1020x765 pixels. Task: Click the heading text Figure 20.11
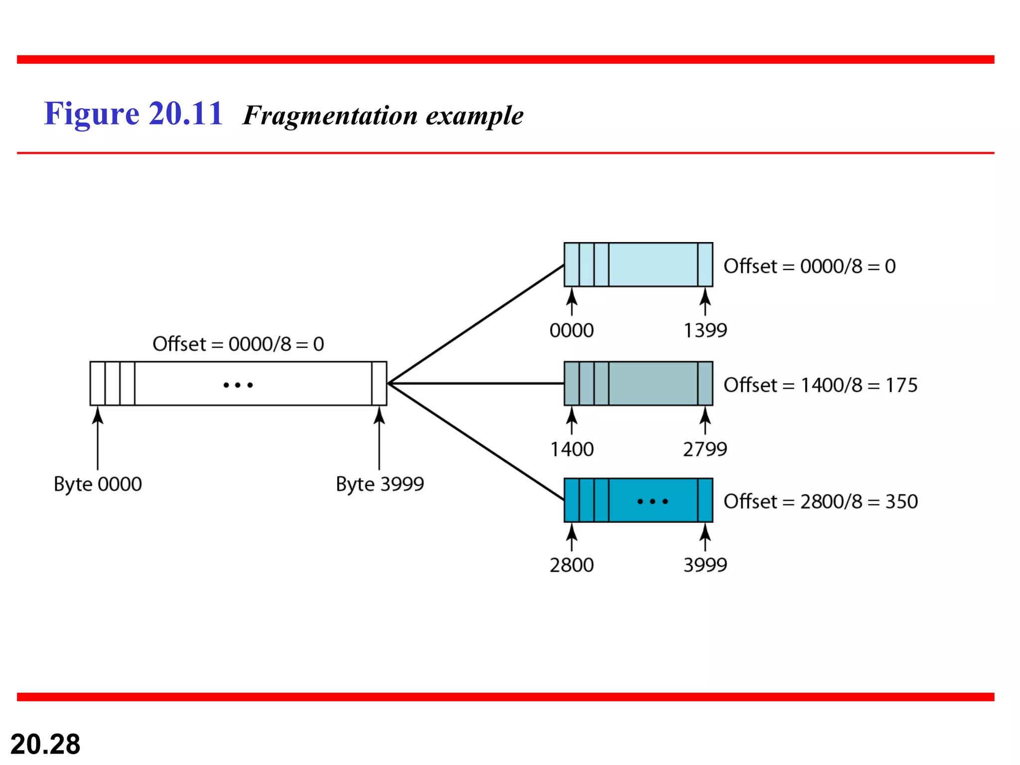[x=133, y=114]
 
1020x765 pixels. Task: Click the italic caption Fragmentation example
[x=382, y=116]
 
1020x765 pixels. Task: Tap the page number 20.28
[x=45, y=744]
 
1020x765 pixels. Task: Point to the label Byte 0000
[x=98, y=484]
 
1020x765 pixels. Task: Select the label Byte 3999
[x=380, y=484]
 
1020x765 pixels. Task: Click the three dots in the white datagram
[x=238, y=385]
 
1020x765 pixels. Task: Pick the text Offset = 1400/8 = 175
[x=820, y=385]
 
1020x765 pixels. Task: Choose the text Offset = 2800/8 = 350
[x=820, y=502]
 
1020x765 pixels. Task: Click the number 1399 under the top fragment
[x=705, y=330]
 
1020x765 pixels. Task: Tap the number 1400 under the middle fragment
[x=572, y=449]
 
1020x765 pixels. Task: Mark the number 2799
[x=705, y=449]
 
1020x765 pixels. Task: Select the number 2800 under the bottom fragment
[x=572, y=565]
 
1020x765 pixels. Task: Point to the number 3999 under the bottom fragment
[x=705, y=565]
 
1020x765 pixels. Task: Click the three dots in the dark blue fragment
[x=652, y=502]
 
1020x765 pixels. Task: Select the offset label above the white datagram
[x=238, y=344]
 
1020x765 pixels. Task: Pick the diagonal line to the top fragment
[x=476, y=324]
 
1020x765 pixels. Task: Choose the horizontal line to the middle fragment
[x=476, y=383]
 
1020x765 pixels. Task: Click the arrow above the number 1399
[x=705, y=302]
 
